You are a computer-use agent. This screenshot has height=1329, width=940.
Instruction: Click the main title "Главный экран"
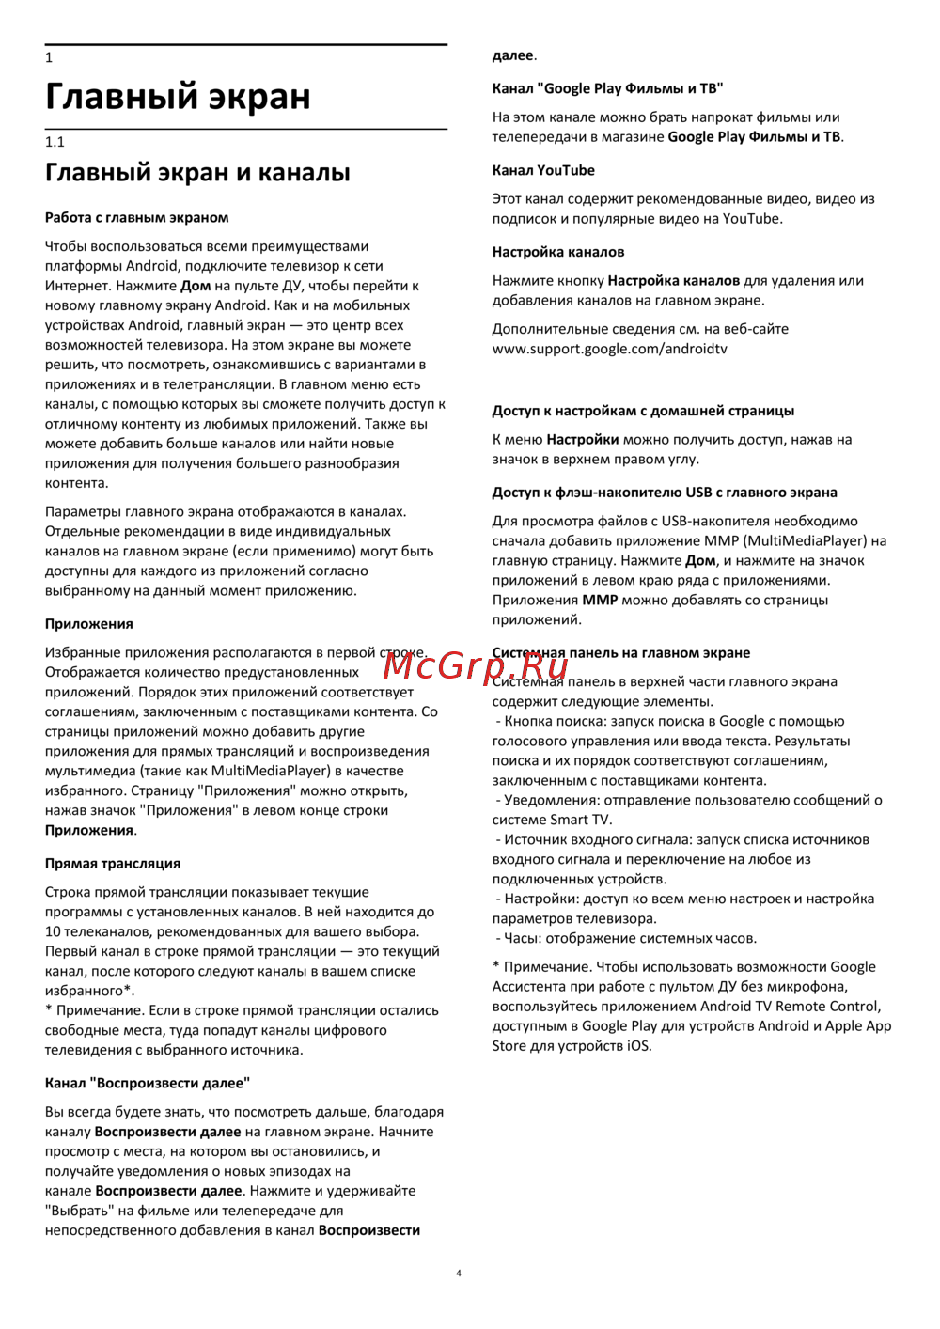(x=178, y=97)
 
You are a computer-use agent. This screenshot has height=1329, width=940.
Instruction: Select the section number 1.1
(x=55, y=142)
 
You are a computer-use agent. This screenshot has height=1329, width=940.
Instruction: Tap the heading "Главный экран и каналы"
(x=197, y=173)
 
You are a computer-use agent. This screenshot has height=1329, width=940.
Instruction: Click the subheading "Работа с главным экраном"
(x=136, y=217)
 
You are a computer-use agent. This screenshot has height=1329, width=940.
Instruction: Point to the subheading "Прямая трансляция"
(x=113, y=863)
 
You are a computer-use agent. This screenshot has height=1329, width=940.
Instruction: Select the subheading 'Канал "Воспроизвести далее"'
(x=148, y=1083)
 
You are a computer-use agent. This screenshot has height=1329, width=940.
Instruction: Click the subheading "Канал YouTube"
(x=543, y=170)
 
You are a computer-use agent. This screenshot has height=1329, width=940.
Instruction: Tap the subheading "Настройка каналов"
(x=558, y=252)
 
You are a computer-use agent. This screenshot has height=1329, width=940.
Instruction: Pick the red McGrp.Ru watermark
(x=476, y=665)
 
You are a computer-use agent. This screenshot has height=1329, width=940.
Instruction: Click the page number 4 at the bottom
(x=459, y=1274)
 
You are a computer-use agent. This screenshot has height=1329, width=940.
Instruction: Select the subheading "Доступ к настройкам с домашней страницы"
(x=643, y=411)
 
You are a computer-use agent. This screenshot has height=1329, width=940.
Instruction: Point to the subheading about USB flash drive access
(x=665, y=493)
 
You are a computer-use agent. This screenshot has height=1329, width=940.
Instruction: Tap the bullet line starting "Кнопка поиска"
(x=671, y=721)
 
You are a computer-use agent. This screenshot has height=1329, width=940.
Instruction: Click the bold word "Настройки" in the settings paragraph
(x=583, y=439)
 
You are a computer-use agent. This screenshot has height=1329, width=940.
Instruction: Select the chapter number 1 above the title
(x=49, y=57)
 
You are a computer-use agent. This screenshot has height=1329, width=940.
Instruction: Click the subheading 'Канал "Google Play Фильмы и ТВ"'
(x=607, y=88)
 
